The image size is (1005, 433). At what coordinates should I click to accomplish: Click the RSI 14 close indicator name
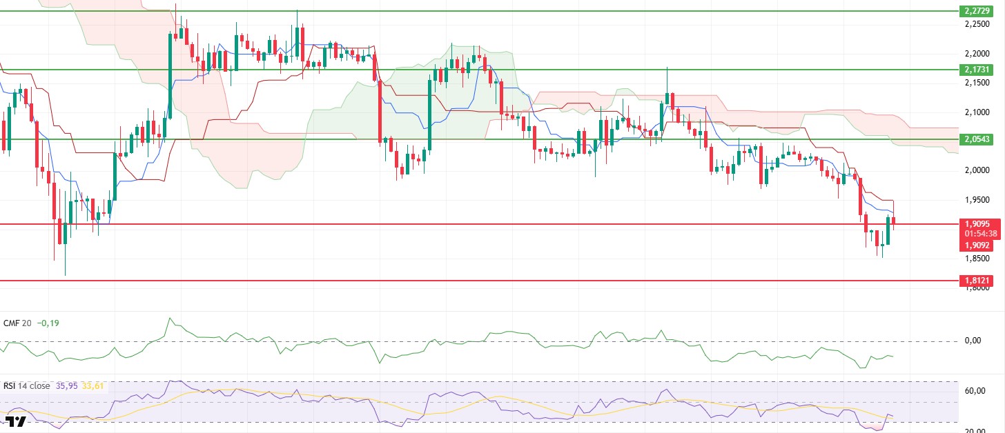click(x=27, y=386)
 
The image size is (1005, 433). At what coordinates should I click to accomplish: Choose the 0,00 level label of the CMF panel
click(x=973, y=341)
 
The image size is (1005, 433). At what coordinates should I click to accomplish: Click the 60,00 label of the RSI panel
click(x=974, y=391)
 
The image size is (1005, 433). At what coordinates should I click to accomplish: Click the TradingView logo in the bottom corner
click(x=14, y=422)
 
